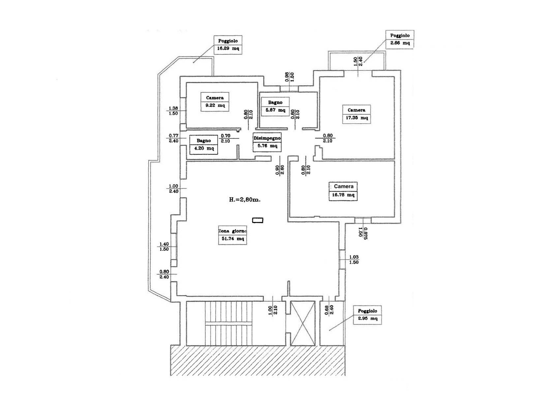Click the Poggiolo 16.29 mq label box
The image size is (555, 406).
(x=228, y=45)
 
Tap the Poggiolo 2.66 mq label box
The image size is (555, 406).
(x=400, y=39)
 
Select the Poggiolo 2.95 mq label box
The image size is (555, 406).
(x=367, y=315)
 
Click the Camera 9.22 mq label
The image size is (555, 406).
(x=215, y=102)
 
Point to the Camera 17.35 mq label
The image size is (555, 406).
(x=356, y=114)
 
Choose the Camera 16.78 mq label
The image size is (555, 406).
(x=343, y=191)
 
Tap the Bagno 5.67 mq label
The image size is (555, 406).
(x=275, y=106)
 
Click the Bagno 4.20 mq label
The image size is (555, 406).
(x=204, y=145)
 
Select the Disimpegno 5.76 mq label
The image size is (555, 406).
(x=267, y=142)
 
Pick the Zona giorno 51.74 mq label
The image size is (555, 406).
(x=232, y=235)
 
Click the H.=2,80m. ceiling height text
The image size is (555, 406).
(x=245, y=200)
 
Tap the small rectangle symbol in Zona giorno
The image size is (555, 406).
(x=258, y=220)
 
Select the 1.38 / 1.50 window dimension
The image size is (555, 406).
(x=173, y=111)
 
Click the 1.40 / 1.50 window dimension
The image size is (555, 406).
(x=164, y=247)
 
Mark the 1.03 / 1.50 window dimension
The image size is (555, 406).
(x=354, y=260)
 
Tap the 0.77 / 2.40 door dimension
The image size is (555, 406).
(x=173, y=138)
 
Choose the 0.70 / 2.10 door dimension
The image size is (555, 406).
(x=226, y=138)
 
